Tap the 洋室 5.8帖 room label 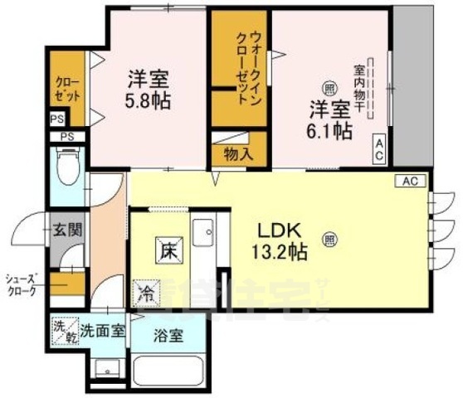[x=149, y=90]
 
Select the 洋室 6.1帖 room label [x=330, y=118]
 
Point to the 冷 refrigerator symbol [x=146, y=293]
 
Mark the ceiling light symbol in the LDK [x=329, y=240]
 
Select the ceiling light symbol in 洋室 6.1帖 [x=329, y=88]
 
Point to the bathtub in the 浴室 [x=169, y=371]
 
